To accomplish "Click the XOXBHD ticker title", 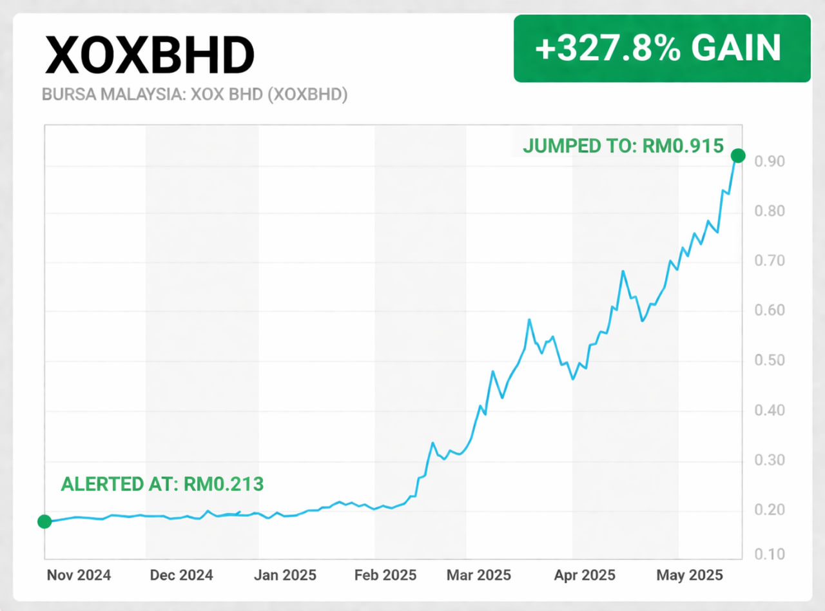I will click(x=149, y=55).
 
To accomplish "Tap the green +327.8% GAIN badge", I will click(x=662, y=48).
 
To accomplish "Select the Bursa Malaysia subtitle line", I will click(x=195, y=95).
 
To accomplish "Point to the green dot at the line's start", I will click(x=44, y=521).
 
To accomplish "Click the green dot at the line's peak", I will click(x=738, y=155).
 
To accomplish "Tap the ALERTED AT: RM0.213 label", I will click(x=162, y=484).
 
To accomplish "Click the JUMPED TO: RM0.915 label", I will click(x=623, y=146).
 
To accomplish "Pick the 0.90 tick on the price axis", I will click(x=770, y=162).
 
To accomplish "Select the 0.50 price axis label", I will click(x=770, y=360).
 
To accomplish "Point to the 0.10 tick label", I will click(x=770, y=555).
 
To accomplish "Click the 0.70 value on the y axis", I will click(x=770, y=261).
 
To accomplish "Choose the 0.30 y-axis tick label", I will click(x=770, y=460).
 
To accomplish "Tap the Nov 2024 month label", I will click(x=79, y=575).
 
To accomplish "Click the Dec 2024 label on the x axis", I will click(x=181, y=575).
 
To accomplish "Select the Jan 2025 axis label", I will click(x=285, y=575).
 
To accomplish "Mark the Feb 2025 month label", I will click(x=386, y=575).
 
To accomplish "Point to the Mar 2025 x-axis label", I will click(x=479, y=575).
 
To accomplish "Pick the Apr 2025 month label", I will click(x=585, y=575).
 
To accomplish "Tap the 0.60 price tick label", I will click(x=770, y=311).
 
